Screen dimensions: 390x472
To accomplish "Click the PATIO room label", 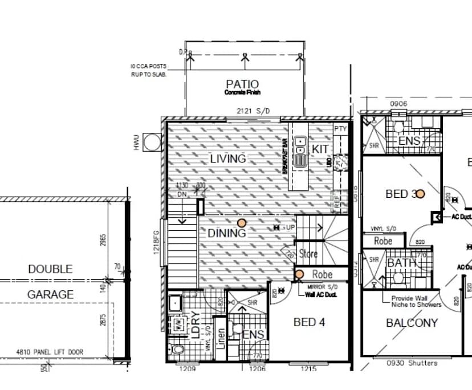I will coord(242,84).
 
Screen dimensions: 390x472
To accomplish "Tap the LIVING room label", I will coord(228,159).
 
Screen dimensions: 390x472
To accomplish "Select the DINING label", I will coord(226,233).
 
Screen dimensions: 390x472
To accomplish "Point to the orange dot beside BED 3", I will coord(420,194).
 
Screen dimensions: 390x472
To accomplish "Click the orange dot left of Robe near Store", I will coord(299,275).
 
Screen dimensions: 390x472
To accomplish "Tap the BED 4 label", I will coord(309,322).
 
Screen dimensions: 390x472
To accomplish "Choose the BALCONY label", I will coord(412,322).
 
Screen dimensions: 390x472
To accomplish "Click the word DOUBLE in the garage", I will coord(51,269).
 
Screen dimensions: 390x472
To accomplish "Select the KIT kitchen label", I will coord(320,149).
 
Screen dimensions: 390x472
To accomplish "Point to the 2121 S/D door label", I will coord(253,112).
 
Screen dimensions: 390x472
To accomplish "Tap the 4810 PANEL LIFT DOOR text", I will coord(50,352).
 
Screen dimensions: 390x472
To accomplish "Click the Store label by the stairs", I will coord(308,254).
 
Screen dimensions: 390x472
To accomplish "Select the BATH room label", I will coord(402,263).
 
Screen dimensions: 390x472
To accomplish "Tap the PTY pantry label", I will coord(340,129).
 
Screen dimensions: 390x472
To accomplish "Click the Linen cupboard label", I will coord(220,341).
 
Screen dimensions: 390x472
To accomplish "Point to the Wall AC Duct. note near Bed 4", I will coord(321,295).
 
